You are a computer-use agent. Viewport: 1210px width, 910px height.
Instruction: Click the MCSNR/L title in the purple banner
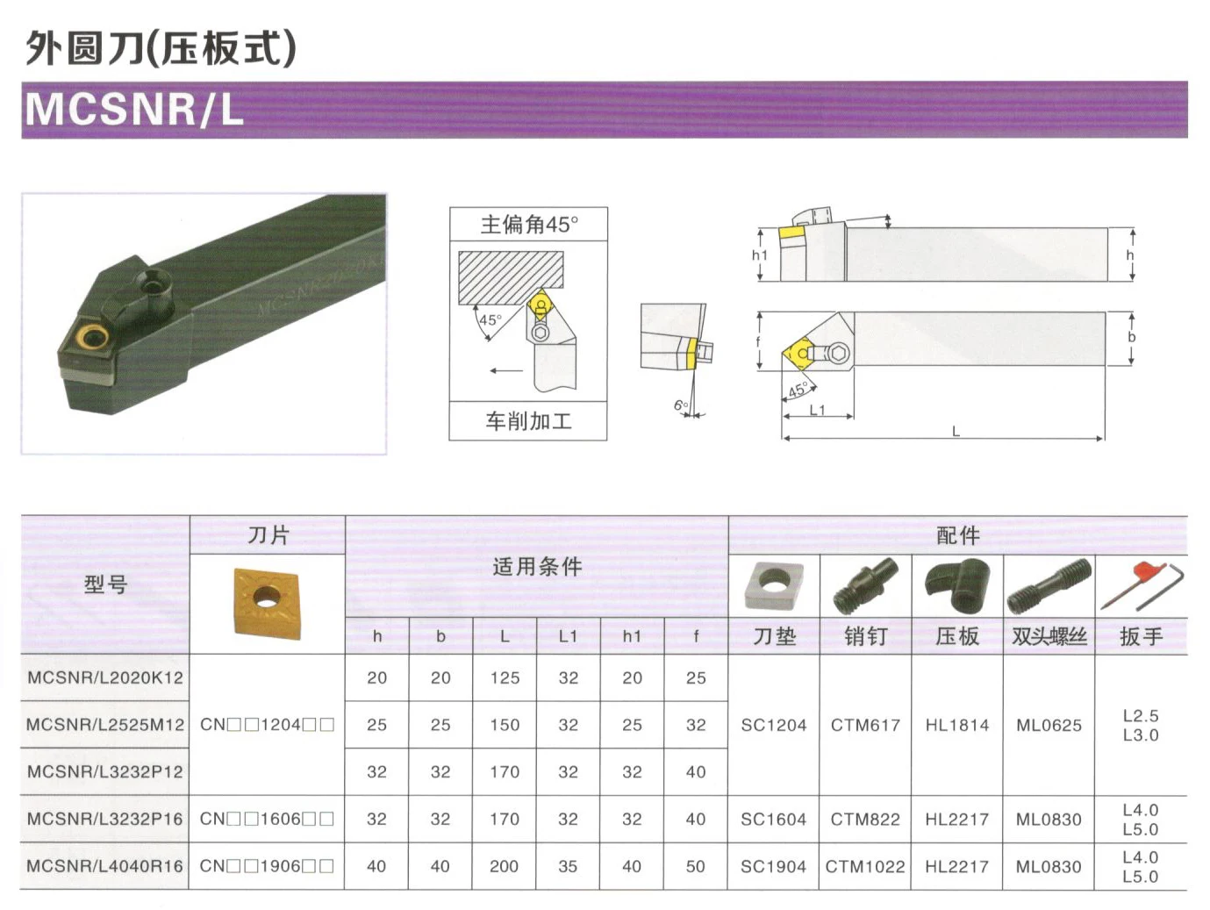134,110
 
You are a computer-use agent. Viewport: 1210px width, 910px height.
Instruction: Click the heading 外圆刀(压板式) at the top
161,48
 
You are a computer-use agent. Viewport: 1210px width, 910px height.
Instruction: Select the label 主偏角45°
528,225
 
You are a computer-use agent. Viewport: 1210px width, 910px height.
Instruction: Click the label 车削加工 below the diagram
528,421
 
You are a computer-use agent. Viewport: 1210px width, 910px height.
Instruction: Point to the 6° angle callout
681,405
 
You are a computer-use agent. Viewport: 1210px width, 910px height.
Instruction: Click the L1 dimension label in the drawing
817,410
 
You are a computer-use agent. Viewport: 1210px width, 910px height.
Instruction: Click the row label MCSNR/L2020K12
105,677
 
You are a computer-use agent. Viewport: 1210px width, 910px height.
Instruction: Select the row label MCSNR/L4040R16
105,866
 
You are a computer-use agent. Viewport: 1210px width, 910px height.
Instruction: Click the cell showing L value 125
505,677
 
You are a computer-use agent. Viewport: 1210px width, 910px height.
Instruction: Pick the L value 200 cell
505,866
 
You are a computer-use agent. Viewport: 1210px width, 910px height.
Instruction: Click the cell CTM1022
865,866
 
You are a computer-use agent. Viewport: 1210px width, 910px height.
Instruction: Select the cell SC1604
773,819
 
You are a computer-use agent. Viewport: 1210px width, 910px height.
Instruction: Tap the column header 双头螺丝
1049,636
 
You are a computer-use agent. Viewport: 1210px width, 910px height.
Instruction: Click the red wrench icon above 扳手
1140,585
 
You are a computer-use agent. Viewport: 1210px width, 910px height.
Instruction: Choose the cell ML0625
1049,725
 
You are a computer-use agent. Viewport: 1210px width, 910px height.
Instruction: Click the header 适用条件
536,567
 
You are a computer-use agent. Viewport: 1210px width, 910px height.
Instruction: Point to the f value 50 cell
696,866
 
